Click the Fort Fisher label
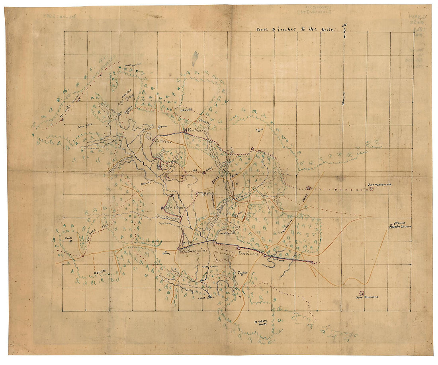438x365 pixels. click(196, 130)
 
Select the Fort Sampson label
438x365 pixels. click(176, 207)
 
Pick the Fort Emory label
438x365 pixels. click(248, 253)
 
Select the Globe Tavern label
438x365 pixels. click(402, 227)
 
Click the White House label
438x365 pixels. click(263, 322)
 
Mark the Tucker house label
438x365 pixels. click(242, 273)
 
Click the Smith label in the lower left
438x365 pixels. click(102, 272)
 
